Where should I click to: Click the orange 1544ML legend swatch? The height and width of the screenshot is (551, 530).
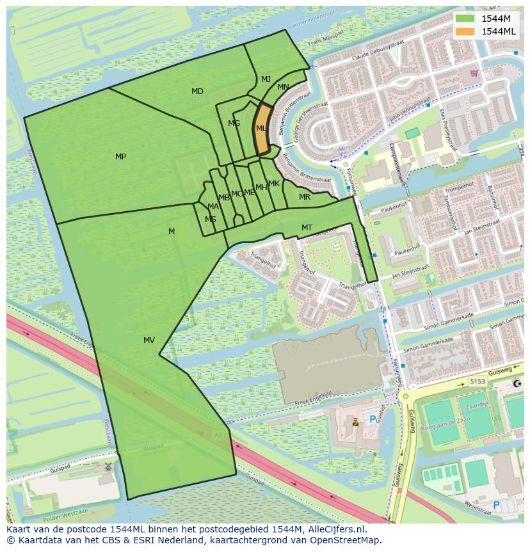click(465, 31)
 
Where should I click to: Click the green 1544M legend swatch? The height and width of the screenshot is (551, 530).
click(465, 19)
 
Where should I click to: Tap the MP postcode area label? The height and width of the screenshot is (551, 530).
click(120, 157)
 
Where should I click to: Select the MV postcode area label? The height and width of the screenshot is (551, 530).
click(149, 340)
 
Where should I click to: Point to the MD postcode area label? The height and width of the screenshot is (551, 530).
click(197, 92)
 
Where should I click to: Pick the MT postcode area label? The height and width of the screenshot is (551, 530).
click(307, 228)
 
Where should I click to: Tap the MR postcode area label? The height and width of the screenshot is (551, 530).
click(305, 197)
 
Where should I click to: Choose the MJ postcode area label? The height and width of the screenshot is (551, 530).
click(266, 79)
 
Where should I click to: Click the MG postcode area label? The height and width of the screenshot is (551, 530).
click(234, 124)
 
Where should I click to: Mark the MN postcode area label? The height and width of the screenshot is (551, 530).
click(283, 87)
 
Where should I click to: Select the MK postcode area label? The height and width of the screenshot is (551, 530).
click(274, 184)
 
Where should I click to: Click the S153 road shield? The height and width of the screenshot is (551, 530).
click(478, 381)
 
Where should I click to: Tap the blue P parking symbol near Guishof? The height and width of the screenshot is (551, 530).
click(373, 420)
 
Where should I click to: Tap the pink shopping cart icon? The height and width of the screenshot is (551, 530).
click(474, 73)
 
